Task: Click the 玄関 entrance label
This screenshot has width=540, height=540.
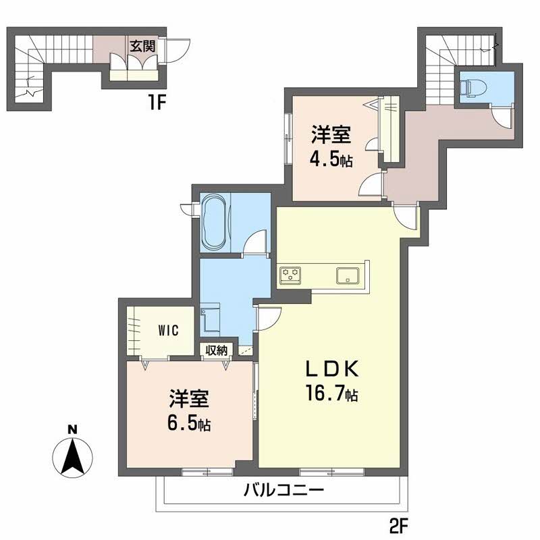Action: pyautogui.click(x=142, y=46)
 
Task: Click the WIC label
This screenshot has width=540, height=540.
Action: pyautogui.click(x=168, y=330)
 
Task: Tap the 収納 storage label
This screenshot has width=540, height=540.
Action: pyautogui.click(x=217, y=350)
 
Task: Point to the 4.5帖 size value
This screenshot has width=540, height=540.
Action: pyautogui.click(x=331, y=160)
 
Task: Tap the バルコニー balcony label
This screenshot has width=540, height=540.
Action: pyautogui.click(x=284, y=491)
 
